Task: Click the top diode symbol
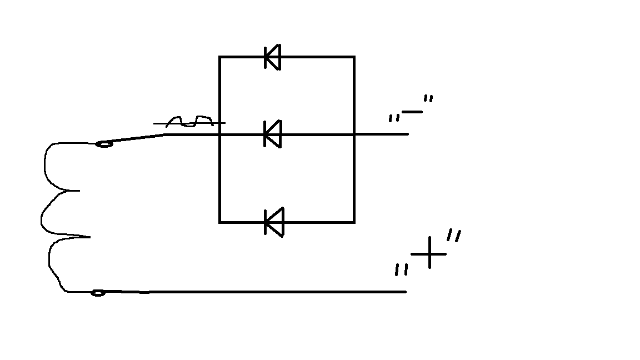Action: [x=273, y=57]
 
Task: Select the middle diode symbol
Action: [x=273, y=134]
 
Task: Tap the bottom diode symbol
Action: [x=274, y=222]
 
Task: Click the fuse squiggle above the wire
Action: [x=189, y=121]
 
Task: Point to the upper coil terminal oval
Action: [x=104, y=144]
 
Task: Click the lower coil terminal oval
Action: [x=98, y=293]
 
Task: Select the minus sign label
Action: [x=412, y=112]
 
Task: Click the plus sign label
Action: [x=429, y=253]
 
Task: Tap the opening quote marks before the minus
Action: [x=393, y=118]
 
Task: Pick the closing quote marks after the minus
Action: [x=428, y=98]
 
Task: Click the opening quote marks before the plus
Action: [x=401, y=269]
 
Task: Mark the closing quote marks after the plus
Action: [x=454, y=236]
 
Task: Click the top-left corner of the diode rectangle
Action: [x=220, y=57]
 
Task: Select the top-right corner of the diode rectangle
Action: [x=354, y=57]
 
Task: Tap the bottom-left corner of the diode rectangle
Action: [x=220, y=222]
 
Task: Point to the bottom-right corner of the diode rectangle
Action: [x=354, y=222]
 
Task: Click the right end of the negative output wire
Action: [x=408, y=134]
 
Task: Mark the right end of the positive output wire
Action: [x=406, y=292]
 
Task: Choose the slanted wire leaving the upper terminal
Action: [x=134, y=138]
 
